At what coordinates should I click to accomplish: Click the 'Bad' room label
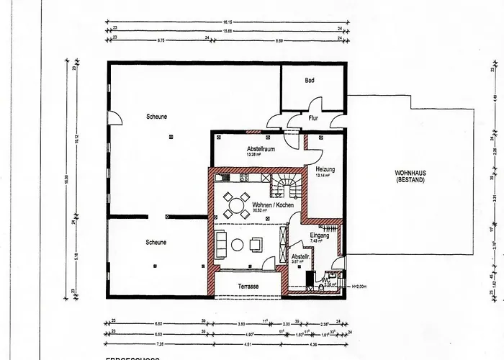310,81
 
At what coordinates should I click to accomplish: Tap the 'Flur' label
313,117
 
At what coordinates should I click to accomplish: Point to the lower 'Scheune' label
155,242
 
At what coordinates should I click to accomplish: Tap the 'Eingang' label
319,235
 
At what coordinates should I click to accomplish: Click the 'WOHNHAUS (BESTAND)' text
410,177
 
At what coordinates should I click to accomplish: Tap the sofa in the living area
219,245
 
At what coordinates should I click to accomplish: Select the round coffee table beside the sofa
237,246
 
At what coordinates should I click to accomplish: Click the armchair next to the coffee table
256,245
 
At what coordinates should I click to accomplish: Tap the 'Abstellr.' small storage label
300,256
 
